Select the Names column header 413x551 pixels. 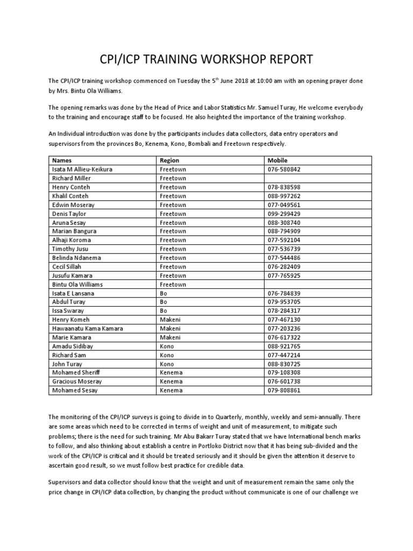60,160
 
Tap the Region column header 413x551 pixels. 169,160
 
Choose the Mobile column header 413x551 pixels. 277,160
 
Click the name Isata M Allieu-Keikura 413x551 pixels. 82,169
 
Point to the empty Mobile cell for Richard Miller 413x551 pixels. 317,178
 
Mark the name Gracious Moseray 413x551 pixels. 77,381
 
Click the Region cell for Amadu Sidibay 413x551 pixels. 167,346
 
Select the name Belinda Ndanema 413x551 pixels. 76,258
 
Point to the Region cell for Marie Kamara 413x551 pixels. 170,337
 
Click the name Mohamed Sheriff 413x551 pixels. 76,372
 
